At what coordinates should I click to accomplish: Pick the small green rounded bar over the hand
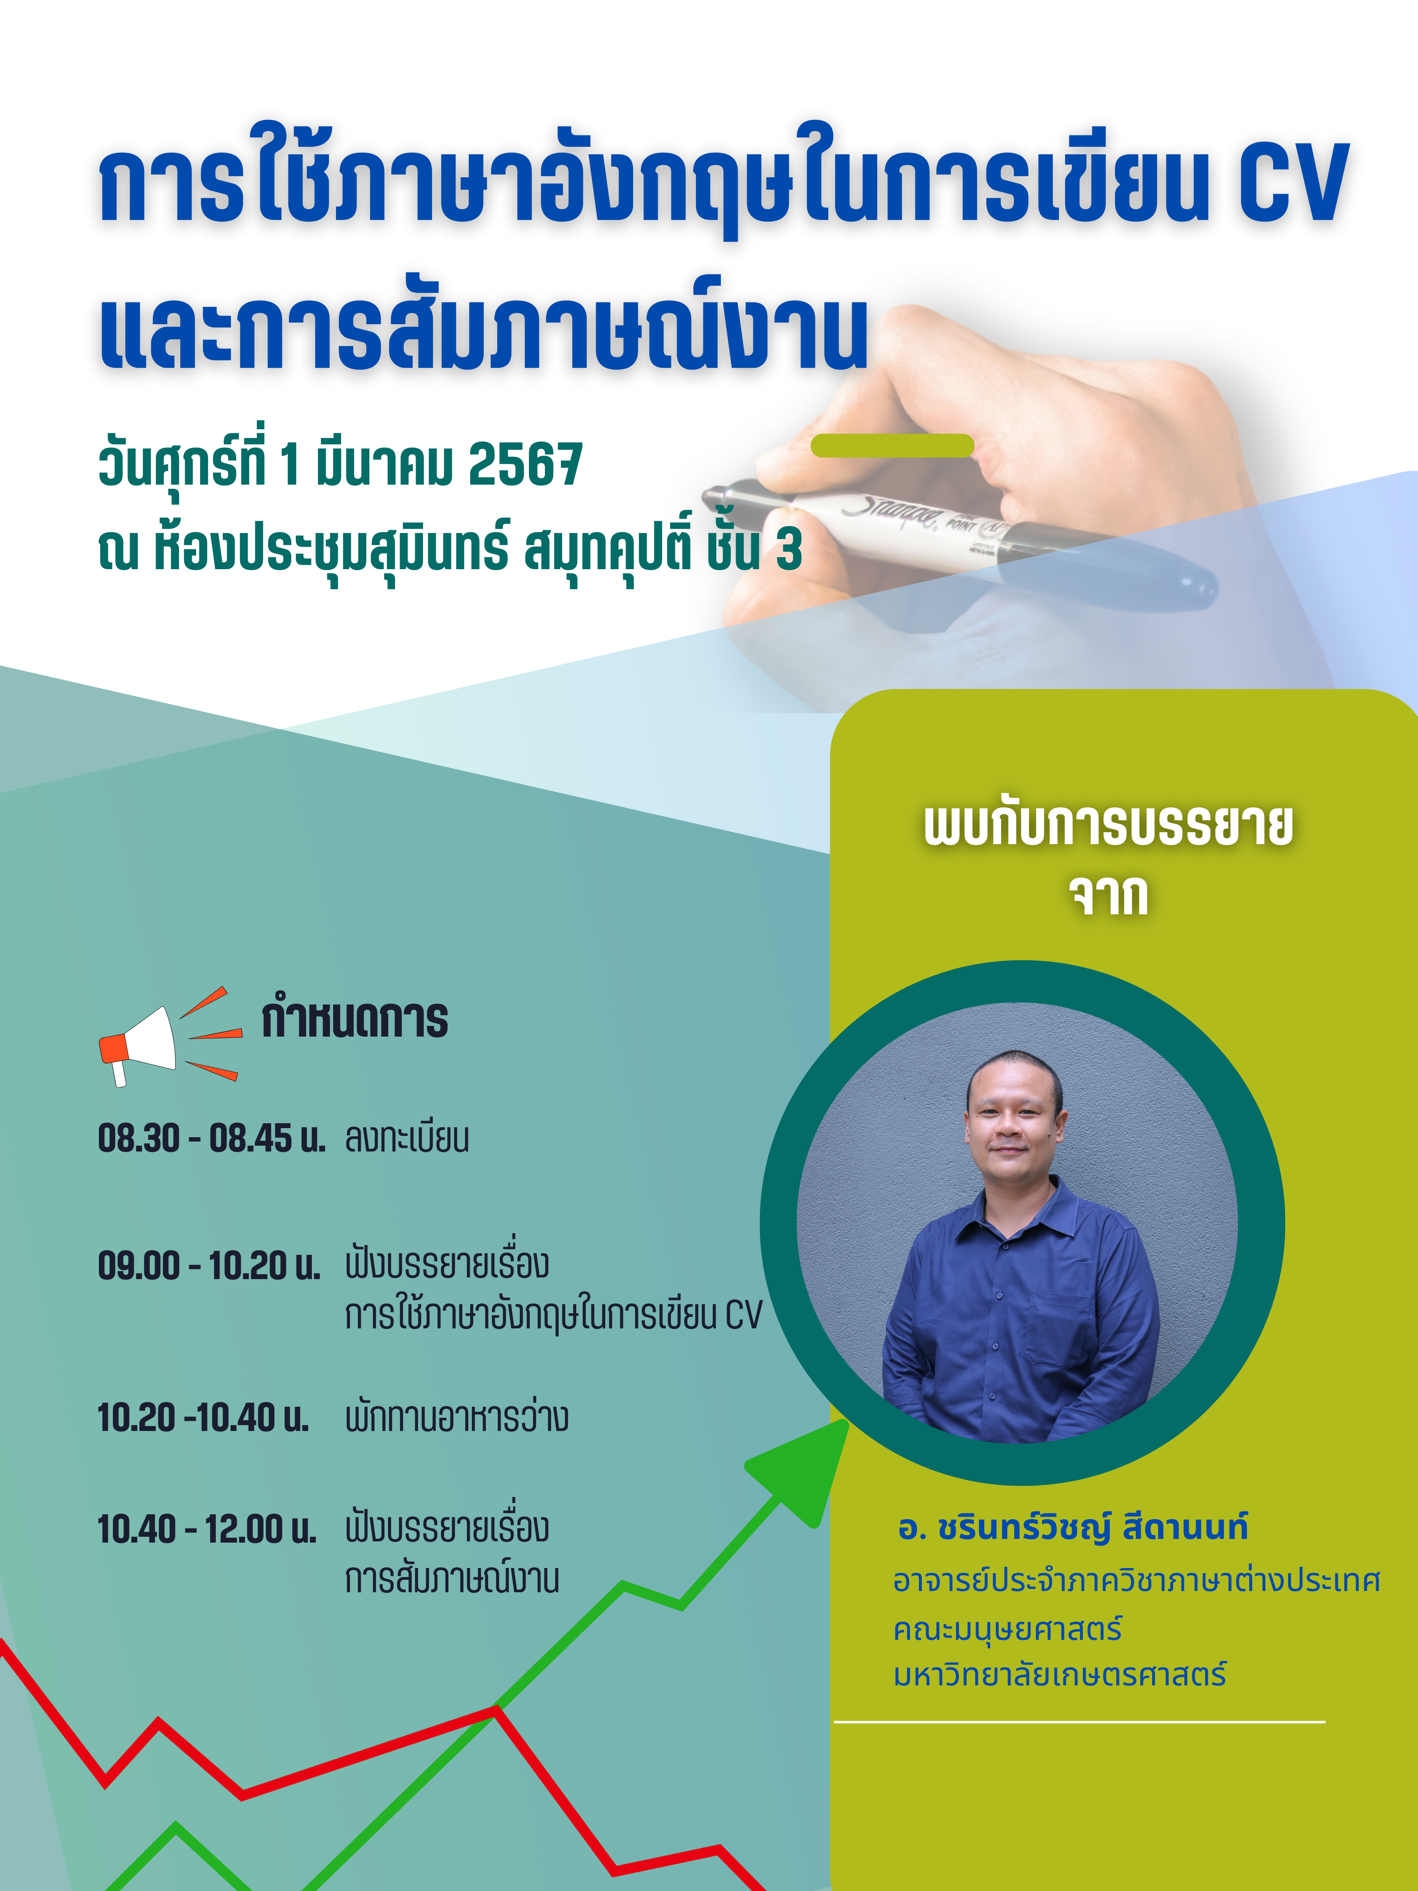[892, 445]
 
